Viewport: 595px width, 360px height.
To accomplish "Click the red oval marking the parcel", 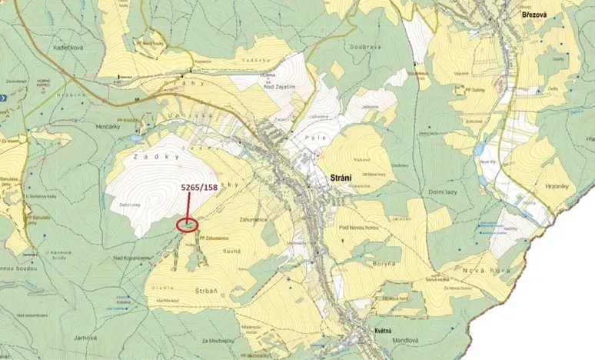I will click(187, 225).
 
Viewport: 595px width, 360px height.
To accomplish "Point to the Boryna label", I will click(381, 263).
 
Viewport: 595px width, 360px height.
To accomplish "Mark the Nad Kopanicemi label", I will click(130, 256).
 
